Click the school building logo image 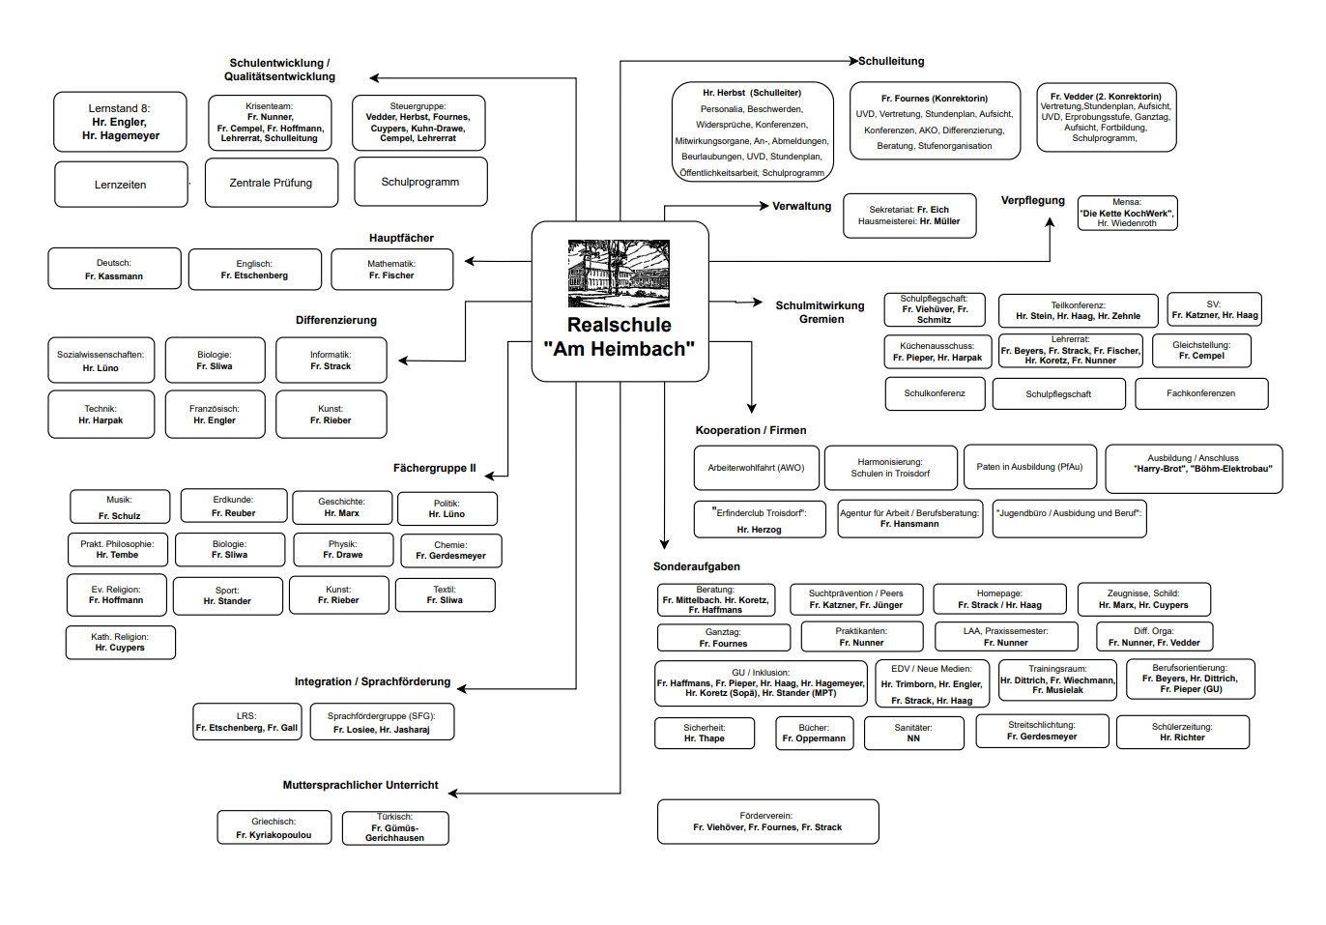(x=619, y=274)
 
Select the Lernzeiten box (x=121, y=185)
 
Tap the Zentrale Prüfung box (x=272, y=183)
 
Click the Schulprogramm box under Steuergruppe (x=420, y=182)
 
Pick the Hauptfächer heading (x=401, y=238)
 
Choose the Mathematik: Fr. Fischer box (x=391, y=270)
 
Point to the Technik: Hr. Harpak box (x=101, y=415)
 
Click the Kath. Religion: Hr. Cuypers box (x=121, y=643)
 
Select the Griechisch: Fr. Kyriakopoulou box (x=274, y=828)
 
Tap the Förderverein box (x=767, y=822)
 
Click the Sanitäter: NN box (x=913, y=733)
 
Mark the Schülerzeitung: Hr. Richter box (x=1182, y=732)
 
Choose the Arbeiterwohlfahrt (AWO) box (x=756, y=468)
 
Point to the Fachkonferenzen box (x=1200, y=393)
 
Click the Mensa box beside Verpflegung (x=1127, y=213)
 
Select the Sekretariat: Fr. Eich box (x=908, y=216)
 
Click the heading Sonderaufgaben (x=697, y=566)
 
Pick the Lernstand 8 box (x=120, y=122)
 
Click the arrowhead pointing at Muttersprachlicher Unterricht (x=452, y=794)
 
